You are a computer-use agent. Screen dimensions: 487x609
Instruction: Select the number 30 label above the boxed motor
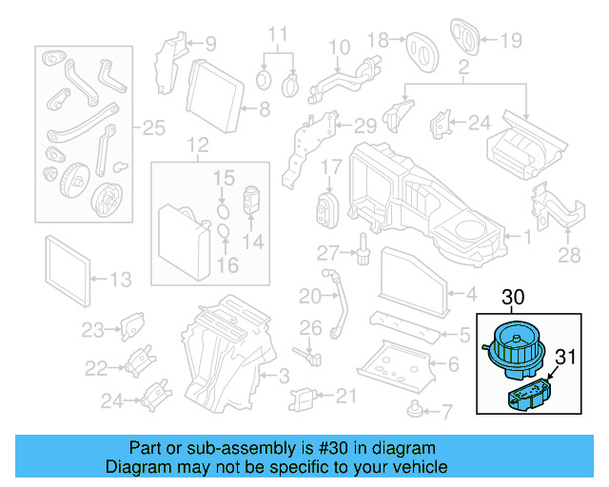[514, 299]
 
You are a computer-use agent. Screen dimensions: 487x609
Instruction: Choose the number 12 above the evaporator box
[196, 146]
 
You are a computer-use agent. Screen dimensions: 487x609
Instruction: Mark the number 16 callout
[228, 263]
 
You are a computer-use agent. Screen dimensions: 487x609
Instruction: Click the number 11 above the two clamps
[276, 37]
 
